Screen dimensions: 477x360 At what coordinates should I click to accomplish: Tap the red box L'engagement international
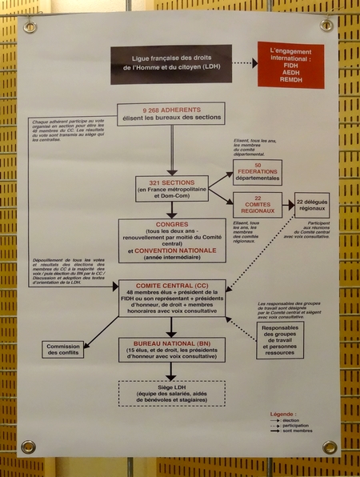(x=290, y=65)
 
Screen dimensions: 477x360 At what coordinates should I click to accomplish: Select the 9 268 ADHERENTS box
(x=171, y=114)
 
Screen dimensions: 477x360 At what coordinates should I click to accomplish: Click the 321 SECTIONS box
(x=171, y=188)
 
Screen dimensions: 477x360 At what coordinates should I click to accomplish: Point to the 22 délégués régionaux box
(x=312, y=206)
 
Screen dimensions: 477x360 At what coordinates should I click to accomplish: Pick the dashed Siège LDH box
(x=171, y=392)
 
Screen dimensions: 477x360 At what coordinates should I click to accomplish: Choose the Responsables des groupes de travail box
(x=280, y=340)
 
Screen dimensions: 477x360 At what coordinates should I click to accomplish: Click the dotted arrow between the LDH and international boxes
(x=245, y=63)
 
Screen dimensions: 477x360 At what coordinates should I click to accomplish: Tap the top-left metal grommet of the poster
(x=30, y=26)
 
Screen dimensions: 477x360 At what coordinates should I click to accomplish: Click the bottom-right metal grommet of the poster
(x=329, y=447)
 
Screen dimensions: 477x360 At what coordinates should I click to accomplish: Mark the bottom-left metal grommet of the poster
(x=29, y=446)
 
